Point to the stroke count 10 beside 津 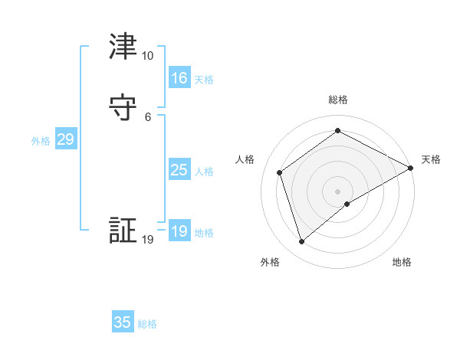coord(147,56)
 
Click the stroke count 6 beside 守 coord(147,117)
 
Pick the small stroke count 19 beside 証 coord(147,240)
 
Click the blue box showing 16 coord(179,78)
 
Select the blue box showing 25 coord(179,170)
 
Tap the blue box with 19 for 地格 coord(179,231)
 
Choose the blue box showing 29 coord(65,139)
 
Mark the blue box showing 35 coord(123,322)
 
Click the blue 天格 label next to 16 coord(203,80)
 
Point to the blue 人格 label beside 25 coord(203,172)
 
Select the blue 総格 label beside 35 coord(147,324)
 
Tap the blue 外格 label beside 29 coord(41,141)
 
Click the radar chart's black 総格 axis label coord(338,100)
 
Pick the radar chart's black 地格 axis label coord(402,263)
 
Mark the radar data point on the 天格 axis coord(411,168)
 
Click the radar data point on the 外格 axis coord(301,242)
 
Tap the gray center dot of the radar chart coord(338,191)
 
